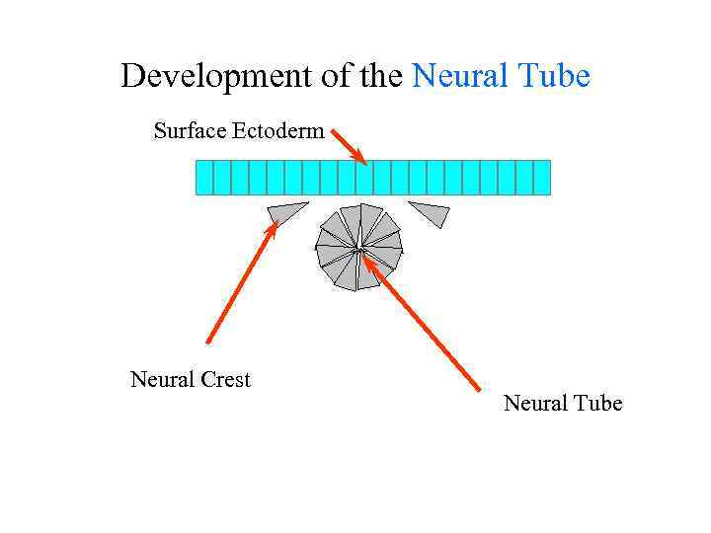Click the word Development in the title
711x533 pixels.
204,76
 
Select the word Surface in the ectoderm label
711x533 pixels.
189,130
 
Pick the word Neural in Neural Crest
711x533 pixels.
161,380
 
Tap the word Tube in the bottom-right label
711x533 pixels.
596,403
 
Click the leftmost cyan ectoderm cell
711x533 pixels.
204,178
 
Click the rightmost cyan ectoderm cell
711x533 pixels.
541,178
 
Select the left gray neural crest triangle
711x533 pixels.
284,212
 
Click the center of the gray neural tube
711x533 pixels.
358,248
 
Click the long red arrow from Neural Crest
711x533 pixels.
239,286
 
